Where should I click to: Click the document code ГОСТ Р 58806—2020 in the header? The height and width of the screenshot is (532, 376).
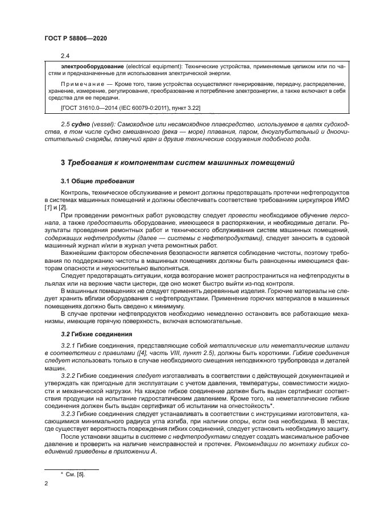(x=76, y=38)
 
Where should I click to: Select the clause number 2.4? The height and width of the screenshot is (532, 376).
(x=65, y=56)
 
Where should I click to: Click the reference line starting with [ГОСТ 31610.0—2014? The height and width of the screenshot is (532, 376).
(x=130, y=107)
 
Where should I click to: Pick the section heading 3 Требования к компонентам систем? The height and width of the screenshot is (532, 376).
(x=177, y=163)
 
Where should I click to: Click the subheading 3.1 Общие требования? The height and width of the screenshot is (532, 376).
(x=96, y=181)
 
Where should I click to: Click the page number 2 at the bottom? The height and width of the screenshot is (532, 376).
(x=46, y=485)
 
